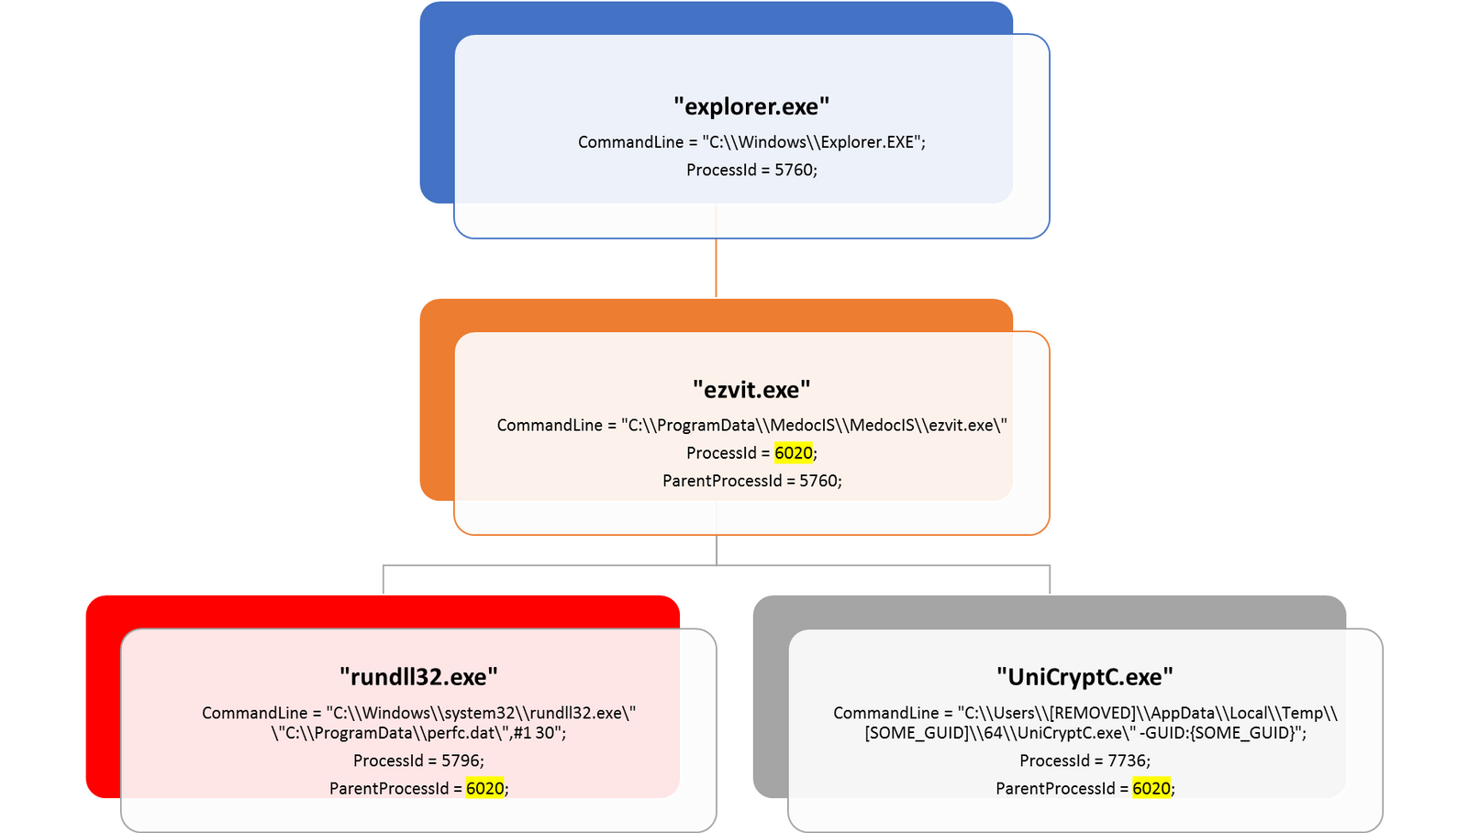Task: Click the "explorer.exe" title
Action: [751, 106]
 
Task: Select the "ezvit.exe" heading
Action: [751, 390]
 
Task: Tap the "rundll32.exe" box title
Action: [418, 677]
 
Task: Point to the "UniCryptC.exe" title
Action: [1084, 677]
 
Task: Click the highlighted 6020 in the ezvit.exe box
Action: [794, 453]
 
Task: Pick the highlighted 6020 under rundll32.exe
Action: [484, 788]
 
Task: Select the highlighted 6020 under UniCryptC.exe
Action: [1151, 788]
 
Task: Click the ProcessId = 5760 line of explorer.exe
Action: [751, 170]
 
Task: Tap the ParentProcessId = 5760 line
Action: [751, 481]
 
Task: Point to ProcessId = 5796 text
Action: [418, 761]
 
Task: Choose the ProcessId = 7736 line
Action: [1084, 761]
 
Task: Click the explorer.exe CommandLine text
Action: [751, 142]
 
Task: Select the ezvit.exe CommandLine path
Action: [751, 426]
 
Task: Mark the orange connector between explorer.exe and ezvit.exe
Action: [716, 268]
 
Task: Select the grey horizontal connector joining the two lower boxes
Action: [716, 567]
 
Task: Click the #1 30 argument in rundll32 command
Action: [538, 733]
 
